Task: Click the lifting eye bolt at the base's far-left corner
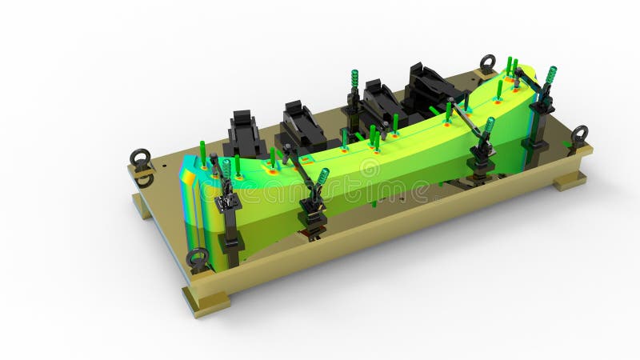coord(142,157)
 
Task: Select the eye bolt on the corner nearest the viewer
coord(197,258)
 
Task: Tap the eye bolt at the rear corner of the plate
coord(487,62)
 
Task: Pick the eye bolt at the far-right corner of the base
coord(579,134)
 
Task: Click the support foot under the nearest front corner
coord(206,302)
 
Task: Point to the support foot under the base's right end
coord(570,180)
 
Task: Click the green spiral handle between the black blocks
coord(354,79)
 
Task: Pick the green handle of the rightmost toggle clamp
coord(550,75)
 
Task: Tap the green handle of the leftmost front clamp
coord(226,168)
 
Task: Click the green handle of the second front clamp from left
coord(322,176)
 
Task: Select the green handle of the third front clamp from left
coord(488,126)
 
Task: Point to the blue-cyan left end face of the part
coord(190,193)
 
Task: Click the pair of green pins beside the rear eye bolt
coord(511,65)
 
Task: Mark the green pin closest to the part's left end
coord(202,150)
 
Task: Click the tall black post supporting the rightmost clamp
coord(534,128)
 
